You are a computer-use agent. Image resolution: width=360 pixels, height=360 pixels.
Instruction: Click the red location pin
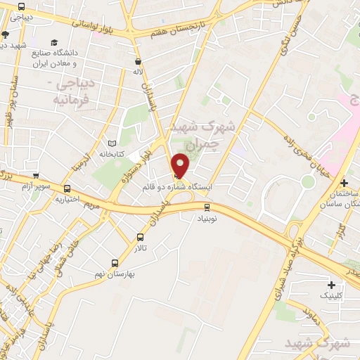point(181,165)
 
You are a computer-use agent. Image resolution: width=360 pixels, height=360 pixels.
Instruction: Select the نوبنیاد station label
point(207,218)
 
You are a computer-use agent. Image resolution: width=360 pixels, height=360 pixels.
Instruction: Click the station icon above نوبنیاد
point(207,207)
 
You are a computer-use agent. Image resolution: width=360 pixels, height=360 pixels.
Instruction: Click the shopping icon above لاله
point(138,61)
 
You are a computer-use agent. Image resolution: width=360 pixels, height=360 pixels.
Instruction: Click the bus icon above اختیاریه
point(67,188)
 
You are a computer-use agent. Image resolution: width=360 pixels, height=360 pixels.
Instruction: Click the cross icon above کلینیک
point(332,285)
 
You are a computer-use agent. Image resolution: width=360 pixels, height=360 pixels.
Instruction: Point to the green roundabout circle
point(307,181)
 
